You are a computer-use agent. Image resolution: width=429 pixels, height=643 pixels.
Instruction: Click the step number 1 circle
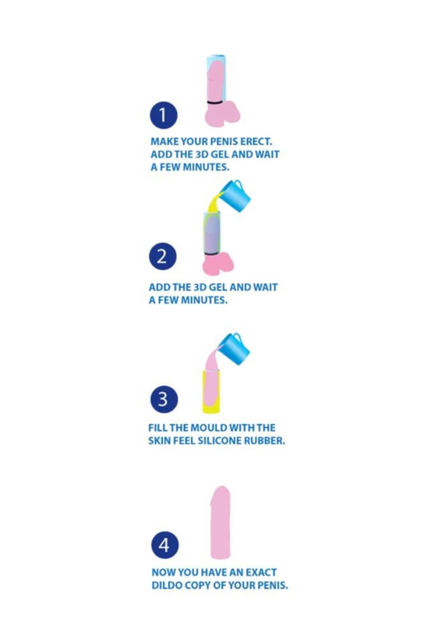(163, 115)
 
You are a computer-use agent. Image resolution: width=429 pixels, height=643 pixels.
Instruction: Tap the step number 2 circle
(163, 256)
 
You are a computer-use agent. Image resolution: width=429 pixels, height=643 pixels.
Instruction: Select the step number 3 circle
(164, 399)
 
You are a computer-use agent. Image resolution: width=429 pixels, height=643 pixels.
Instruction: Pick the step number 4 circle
(164, 545)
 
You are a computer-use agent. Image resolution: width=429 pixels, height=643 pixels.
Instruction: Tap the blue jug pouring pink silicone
(235, 349)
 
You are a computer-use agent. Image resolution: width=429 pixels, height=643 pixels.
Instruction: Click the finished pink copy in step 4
(220, 522)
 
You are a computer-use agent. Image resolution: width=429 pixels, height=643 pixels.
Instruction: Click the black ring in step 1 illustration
(214, 103)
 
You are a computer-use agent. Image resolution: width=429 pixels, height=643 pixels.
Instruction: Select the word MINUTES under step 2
(204, 300)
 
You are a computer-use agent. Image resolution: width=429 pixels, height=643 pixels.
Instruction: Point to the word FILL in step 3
(157, 428)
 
